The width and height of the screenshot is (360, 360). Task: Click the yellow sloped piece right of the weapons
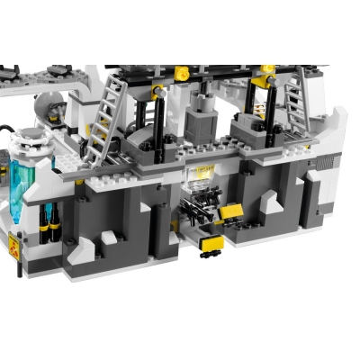(x=232, y=212)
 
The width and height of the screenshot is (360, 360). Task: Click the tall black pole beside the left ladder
(x=160, y=117)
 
